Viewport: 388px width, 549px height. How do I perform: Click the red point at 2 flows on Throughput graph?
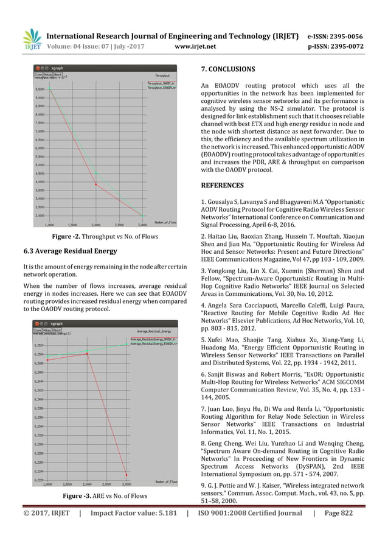coord(95,184)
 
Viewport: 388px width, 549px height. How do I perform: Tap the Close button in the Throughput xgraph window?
coord(38,75)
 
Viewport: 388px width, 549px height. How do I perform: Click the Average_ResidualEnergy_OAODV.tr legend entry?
coord(154,339)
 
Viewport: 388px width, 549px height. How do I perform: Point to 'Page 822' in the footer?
coord(359,530)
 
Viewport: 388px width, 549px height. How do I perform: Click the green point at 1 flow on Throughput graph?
coord(50,89)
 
